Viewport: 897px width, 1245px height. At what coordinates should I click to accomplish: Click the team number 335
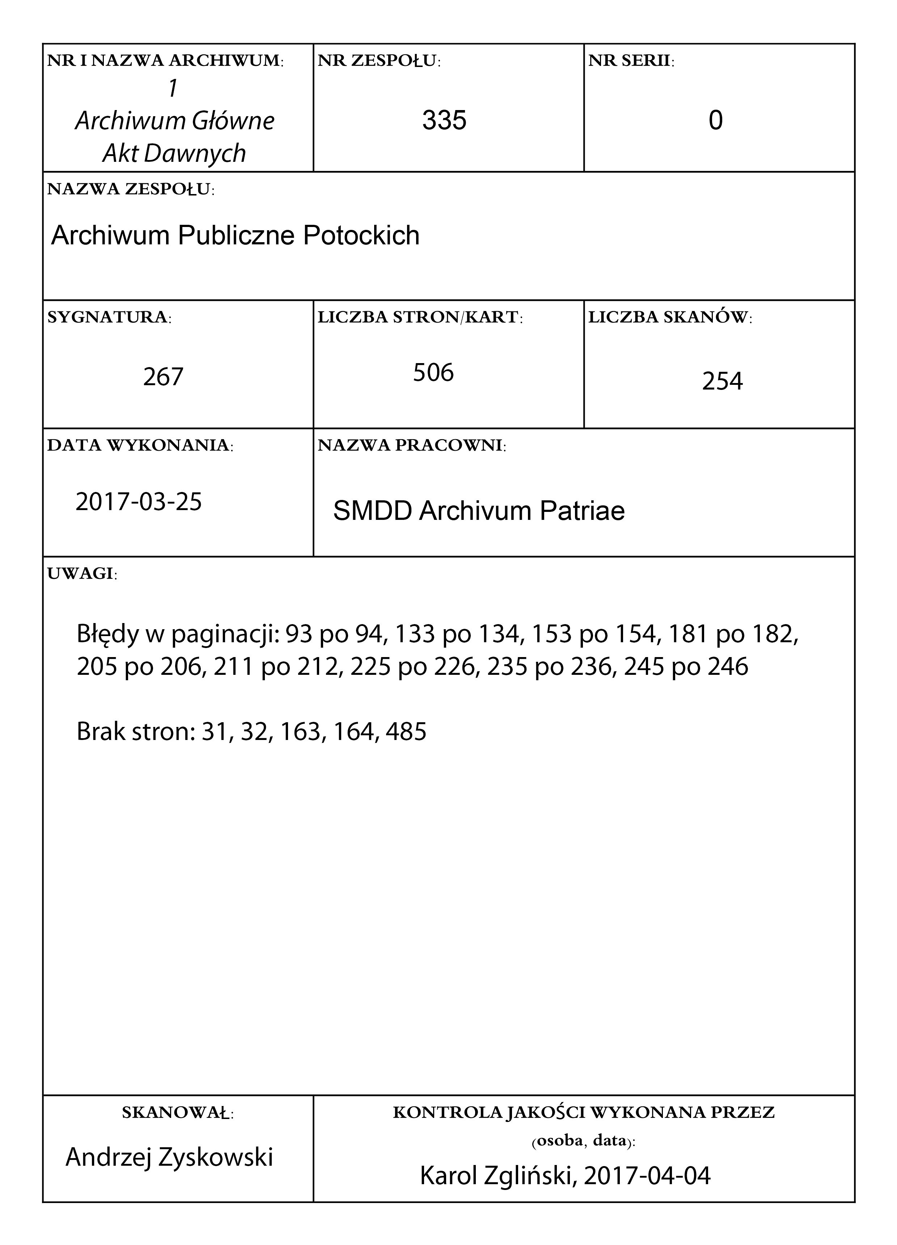coord(444,120)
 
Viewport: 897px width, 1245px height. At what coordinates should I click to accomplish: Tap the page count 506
coord(433,373)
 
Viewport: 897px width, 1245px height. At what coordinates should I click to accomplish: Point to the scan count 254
coord(722,381)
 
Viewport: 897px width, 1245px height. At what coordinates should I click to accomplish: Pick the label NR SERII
coord(631,61)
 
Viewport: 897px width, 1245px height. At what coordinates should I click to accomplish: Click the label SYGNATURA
coord(109,317)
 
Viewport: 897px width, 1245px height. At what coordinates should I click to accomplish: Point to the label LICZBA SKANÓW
coord(670,317)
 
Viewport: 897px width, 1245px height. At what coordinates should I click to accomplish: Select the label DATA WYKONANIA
coord(140,445)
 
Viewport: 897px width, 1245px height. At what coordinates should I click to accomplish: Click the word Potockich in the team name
coord(361,235)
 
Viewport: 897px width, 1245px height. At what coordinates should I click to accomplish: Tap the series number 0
coord(715,120)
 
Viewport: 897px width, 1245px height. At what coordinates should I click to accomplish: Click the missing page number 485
coord(406,732)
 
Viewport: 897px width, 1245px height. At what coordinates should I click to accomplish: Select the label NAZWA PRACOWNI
coord(411,445)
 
